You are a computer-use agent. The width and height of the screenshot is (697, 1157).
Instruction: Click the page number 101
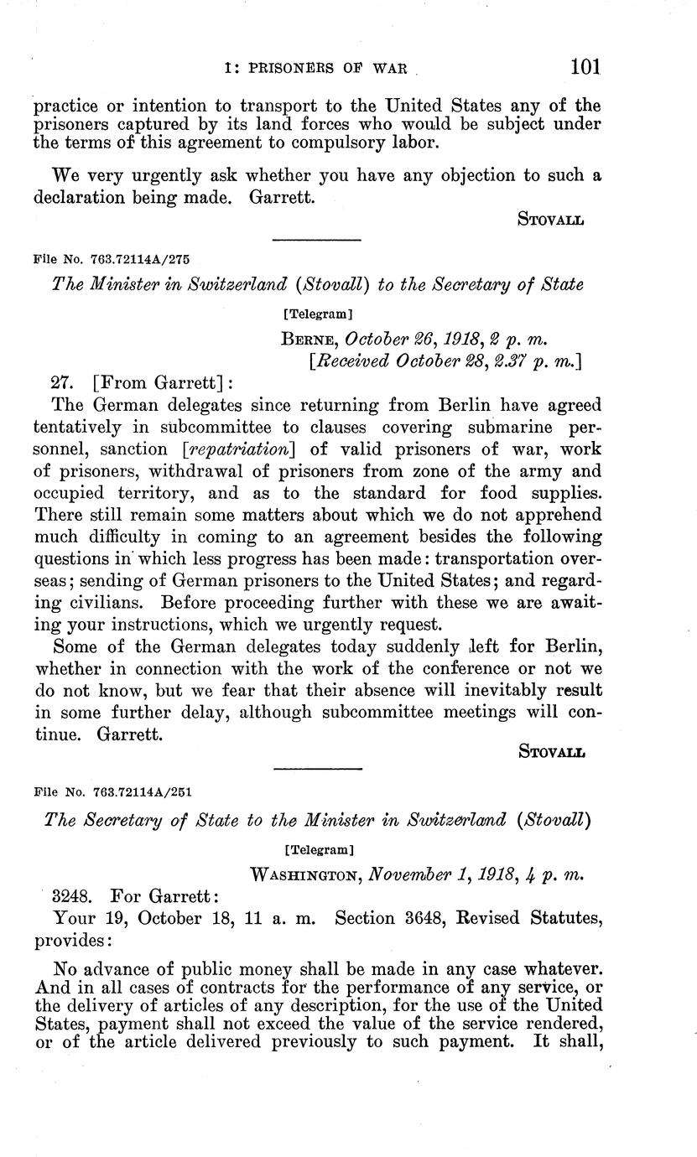pos(585,67)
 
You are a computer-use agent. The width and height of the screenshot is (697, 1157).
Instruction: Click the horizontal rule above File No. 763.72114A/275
pos(317,241)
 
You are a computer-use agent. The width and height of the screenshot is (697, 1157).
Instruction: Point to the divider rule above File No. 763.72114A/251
pos(317,769)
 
